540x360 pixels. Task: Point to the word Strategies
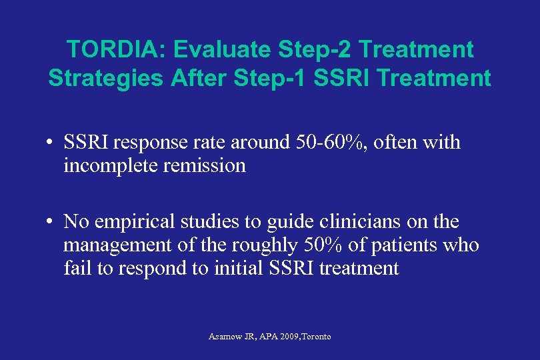[x=105, y=78]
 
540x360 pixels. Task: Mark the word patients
[x=400, y=245]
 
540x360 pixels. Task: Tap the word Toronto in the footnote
[x=317, y=337]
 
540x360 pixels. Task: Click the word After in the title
[x=196, y=78]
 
